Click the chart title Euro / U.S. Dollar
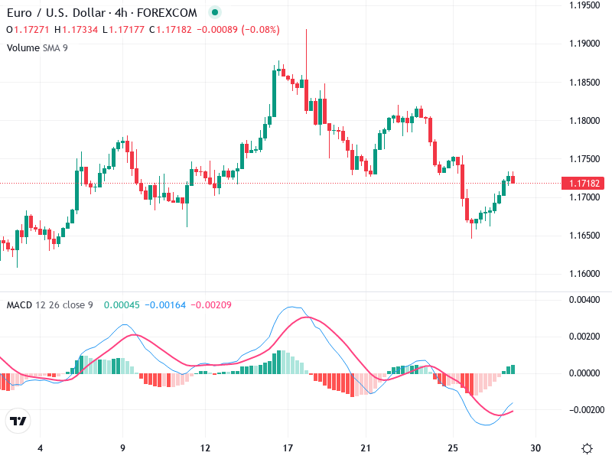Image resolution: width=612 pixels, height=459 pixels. coord(54,13)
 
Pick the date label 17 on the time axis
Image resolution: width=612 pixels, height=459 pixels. coord(288,448)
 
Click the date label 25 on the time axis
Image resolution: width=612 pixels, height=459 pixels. coord(454,448)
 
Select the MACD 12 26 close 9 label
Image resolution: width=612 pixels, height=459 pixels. coord(50,305)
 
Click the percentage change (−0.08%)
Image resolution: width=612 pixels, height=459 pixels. coord(261,30)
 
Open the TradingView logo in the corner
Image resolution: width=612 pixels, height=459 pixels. coord(18,422)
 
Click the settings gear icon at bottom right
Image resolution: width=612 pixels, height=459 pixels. coord(587,448)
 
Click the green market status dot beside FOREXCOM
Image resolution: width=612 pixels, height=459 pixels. coord(215,13)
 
